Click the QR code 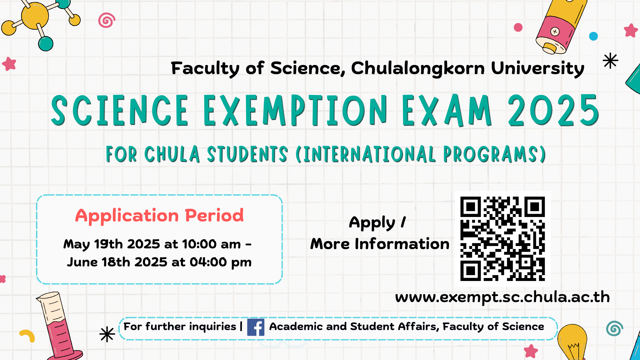pyautogui.click(x=503, y=239)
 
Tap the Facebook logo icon pyautogui.click(x=256, y=327)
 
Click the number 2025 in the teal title pyautogui.click(x=553, y=110)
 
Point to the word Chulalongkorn pyautogui.click(x=418, y=68)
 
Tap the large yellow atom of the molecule pyautogui.click(x=35, y=16)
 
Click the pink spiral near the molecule pyautogui.click(x=107, y=20)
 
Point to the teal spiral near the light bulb pyautogui.click(x=614, y=328)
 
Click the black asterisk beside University pyautogui.click(x=610, y=61)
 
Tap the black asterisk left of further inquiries pyautogui.click(x=107, y=334)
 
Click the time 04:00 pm pyautogui.click(x=220, y=262)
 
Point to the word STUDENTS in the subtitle pyautogui.click(x=247, y=154)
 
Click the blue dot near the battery pyautogui.click(x=593, y=36)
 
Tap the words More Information pyautogui.click(x=380, y=244)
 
